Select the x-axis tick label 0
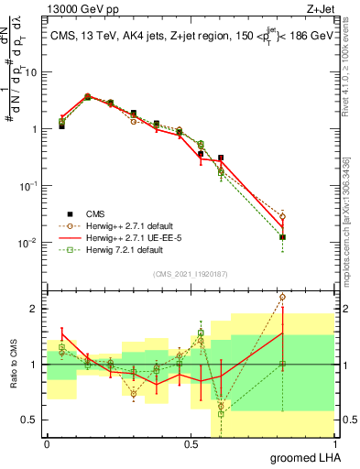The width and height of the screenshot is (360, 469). pos(47,443)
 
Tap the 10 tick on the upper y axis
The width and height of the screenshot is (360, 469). pos(31,72)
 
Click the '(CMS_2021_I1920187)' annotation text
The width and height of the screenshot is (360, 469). pos(191,273)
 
